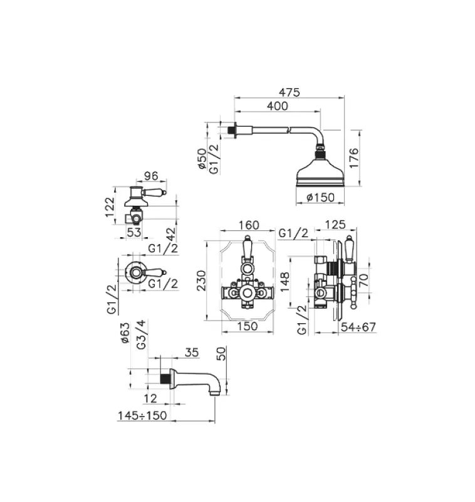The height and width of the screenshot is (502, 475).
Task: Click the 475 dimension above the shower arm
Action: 290,92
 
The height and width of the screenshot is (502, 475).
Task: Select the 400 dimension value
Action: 278,105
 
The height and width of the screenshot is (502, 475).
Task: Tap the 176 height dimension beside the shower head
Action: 354,158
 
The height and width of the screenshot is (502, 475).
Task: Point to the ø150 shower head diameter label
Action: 320,197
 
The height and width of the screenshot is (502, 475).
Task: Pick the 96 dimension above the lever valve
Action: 151,176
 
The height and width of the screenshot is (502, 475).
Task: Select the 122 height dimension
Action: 110,207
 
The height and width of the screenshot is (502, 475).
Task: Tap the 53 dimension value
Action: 133,232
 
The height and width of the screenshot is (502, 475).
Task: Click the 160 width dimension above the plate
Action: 249,225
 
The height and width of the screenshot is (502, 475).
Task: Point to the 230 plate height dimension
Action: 201,280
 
